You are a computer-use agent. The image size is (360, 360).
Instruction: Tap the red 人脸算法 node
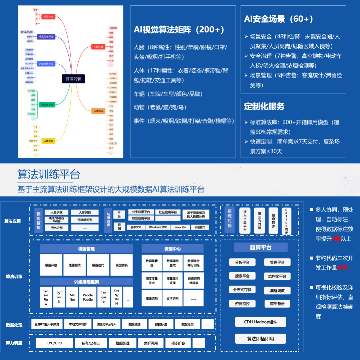(98, 46)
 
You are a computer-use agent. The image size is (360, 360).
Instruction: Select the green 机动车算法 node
(47, 105)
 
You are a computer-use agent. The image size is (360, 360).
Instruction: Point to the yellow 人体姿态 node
(48, 141)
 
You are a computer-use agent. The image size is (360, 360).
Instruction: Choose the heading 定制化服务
(264, 106)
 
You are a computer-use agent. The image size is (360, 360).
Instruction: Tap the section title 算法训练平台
(49, 174)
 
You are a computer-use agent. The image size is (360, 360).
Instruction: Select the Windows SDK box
(158, 227)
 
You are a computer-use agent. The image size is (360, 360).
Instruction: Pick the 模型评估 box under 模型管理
(51, 265)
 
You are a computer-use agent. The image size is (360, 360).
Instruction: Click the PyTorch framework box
(59, 297)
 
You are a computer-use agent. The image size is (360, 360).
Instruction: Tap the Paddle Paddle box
(88, 297)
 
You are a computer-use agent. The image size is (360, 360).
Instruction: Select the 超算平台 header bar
(261, 248)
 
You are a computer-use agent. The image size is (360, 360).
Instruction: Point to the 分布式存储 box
(242, 290)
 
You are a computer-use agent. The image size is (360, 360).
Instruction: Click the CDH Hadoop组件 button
(260, 322)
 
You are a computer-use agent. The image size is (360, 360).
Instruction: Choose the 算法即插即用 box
(260, 339)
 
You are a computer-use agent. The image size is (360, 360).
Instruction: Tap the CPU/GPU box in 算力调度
(54, 343)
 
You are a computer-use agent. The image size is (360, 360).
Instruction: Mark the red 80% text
(343, 268)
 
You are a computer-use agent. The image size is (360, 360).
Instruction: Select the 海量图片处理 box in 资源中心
(172, 281)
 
